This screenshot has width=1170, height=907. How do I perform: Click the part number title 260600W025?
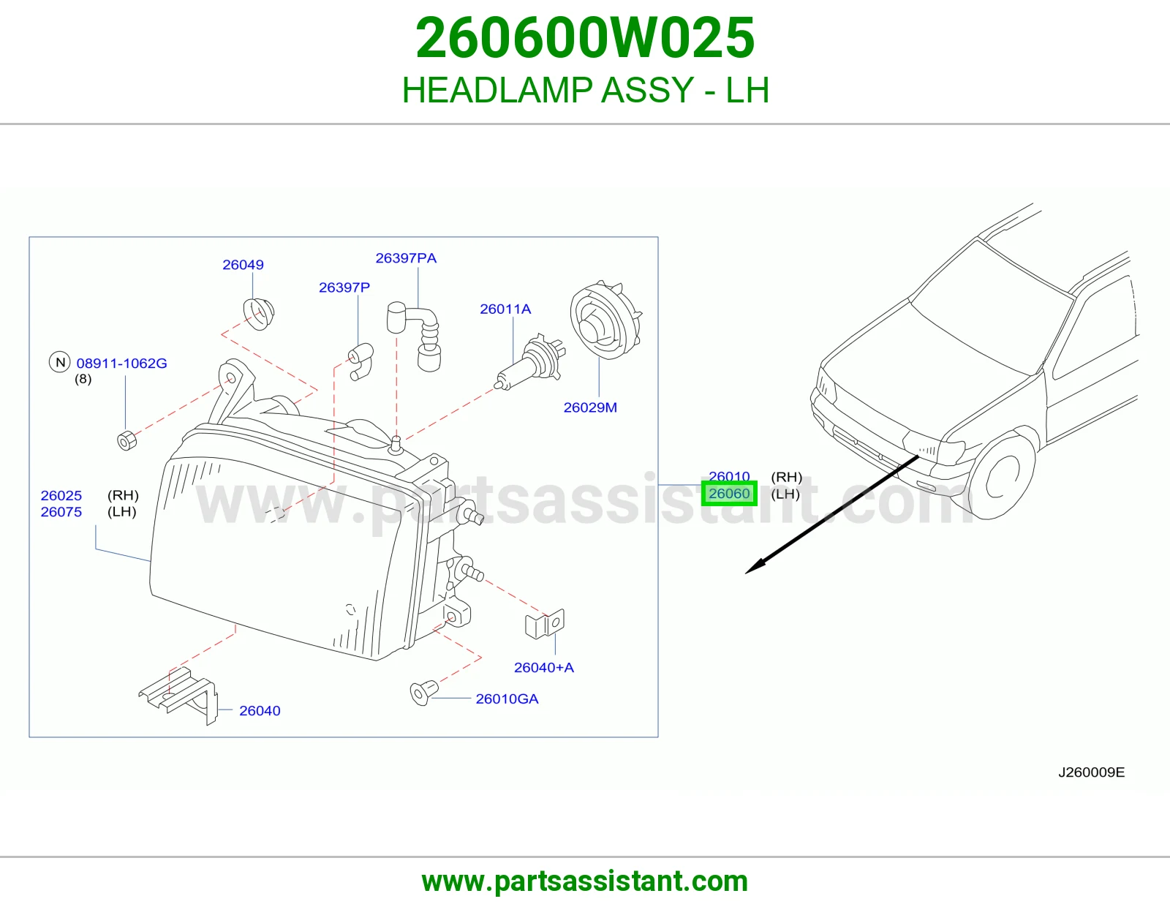[585, 37]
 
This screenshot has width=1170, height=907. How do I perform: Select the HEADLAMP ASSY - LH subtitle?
[585, 90]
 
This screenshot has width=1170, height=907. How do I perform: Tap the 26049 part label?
[243, 265]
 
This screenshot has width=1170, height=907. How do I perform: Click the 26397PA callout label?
[406, 258]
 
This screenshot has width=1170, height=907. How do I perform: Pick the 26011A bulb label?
[505, 309]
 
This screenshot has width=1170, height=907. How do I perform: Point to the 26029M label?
[590, 407]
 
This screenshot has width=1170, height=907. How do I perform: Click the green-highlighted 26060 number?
[729, 493]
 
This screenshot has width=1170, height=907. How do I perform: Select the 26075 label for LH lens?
[61, 512]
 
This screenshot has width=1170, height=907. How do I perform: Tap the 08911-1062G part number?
[121, 363]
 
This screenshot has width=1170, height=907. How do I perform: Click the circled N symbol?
[60, 362]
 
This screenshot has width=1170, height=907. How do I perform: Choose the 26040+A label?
[544, 667]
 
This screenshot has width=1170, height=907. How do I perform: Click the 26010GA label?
[507, 699]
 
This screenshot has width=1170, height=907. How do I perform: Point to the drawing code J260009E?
[1091, 772]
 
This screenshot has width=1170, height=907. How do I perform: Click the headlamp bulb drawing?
[529, 361]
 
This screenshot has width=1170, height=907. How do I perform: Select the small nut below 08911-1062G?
[127, 440]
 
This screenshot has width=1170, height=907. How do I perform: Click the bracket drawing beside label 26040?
[178, 696]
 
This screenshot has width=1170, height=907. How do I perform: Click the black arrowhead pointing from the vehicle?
[755, 566]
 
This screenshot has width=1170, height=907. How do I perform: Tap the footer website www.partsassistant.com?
[585, 881]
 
